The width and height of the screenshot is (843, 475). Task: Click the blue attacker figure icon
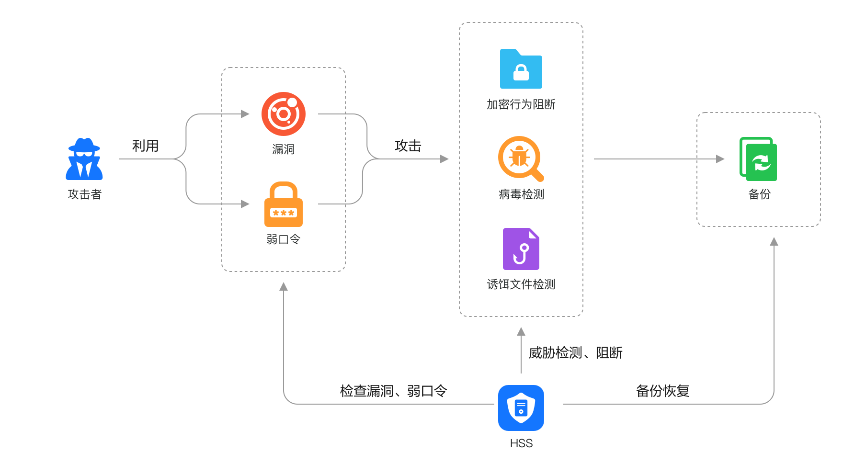pyautogui.click(x=84, y=159)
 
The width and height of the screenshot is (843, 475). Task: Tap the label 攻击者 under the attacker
pyautogui.click(x=84, y=194)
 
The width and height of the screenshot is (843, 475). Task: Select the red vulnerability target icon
pyautogui.click(x=284, y=114)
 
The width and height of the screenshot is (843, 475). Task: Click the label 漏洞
pyautogui.click(x=283, y=149)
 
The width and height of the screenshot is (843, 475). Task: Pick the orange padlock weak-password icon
pyautogui.click(x=284, y=204)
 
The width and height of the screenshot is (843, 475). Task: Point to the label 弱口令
pyautogui.click(x=283, y=239)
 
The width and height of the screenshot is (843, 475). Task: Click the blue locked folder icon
pyautogui.click(x=521, y=69)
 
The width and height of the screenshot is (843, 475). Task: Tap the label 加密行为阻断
pyautogui.click(x=521, y=104)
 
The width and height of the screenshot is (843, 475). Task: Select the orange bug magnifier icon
pyautogui.click(x=521, y=158)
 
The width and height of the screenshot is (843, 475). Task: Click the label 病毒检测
pyautogui.click(x=521, y=194)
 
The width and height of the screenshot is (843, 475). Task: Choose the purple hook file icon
pyautogui.click(x=521, y=249)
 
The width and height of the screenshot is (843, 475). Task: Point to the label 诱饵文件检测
pyautogui.click(x=521, y=284)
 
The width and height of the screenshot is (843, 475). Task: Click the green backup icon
pyautogui.click(x=759, y=159)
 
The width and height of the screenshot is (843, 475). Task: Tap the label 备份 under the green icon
pyautogui.click(x=759, y=194)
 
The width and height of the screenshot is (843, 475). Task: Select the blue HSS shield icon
pyautogui.click(x=521, y=408)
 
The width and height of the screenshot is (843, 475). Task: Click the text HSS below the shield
pyautogui.click(x=521, y=443)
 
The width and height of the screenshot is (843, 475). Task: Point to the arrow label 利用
pyautogui.click(x=145, y=146)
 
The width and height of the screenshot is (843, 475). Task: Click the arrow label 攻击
pyautogui.click(x=408, y=146)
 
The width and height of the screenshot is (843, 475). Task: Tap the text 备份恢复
pyautogui.click(x=662, y=391)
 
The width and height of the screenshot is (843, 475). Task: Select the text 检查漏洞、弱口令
pyautogui.click(x=393, y=391)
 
